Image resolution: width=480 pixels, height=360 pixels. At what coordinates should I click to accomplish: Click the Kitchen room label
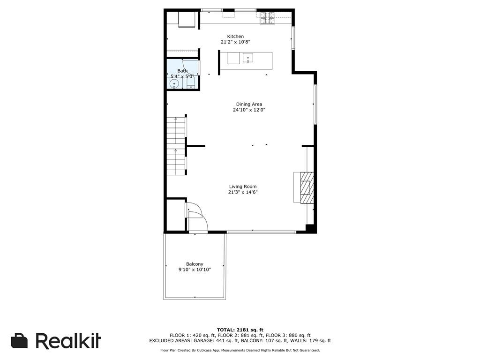pos(235,37)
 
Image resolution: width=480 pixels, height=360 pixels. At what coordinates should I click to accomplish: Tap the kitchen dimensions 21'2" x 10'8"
pos(235,42)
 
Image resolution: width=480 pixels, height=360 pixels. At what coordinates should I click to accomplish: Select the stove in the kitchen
pos(268,18)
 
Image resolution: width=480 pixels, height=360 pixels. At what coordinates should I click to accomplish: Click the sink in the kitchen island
pos(248,58)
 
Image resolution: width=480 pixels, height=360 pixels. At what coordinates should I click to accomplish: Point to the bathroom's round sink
pos(174,84)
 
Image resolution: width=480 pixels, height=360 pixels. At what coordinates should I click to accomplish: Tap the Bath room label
pos(182,71)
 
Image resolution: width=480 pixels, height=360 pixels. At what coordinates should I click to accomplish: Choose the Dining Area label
pos(249,105)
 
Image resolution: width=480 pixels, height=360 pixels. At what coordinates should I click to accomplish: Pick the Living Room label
pos(243,187)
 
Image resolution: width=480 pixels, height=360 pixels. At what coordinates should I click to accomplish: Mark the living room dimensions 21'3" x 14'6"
pos(243,192)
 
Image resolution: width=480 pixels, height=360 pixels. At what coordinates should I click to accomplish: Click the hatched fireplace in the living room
pos(305,187)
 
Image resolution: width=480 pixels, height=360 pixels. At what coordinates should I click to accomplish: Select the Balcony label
pos(195,264)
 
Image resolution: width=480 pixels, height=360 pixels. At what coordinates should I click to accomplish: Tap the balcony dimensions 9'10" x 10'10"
pos(195,270)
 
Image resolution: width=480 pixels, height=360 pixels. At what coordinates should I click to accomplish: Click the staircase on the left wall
pos(176,145)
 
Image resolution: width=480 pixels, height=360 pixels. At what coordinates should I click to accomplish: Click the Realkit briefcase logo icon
pos(19,341)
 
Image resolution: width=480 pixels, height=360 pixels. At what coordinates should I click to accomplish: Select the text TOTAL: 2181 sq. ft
pos(240,330)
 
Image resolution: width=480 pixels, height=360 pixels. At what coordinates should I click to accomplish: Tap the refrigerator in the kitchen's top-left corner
pos(187,20)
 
